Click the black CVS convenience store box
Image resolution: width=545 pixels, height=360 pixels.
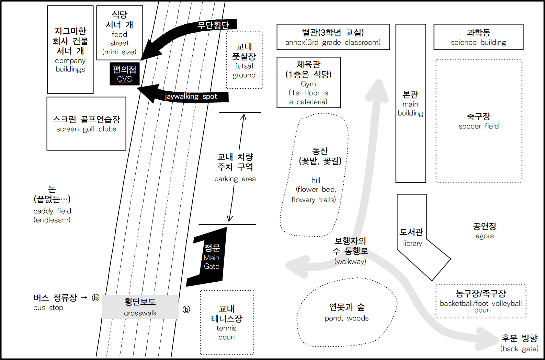(x=124, y=74)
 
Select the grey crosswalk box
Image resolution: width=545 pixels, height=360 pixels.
(x=140, y=307)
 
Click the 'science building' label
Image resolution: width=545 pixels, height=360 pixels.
(x=478, y=42)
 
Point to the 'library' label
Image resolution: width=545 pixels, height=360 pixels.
(x=412, y=243)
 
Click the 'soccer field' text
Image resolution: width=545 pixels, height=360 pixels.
(x=478, y=126)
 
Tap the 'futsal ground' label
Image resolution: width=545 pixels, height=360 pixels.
(x=244, y=70)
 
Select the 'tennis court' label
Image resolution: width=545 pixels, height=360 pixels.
(x=227, y=333)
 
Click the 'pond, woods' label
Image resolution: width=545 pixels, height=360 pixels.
(x=347, y=318)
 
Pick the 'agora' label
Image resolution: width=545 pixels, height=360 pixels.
(x=485, y=236)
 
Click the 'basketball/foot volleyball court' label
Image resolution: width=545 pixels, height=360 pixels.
(x=481, y=306)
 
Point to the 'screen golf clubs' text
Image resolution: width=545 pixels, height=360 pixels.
(x=86, y=129)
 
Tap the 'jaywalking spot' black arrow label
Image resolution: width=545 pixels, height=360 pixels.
(x=191, y=97)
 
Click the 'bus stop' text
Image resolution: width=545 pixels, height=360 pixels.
(x=48, y=307)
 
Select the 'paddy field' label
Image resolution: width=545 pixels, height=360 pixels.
(x=52, y=211)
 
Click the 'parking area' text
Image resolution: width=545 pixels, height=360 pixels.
(x=235, y=179)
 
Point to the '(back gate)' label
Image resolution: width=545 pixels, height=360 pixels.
(x=519, y=349)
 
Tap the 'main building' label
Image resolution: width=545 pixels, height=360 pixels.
(x=410, y=109)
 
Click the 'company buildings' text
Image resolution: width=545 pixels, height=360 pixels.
(x=70, y=65)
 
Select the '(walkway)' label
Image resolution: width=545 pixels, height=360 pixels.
(x=350, y=261)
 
